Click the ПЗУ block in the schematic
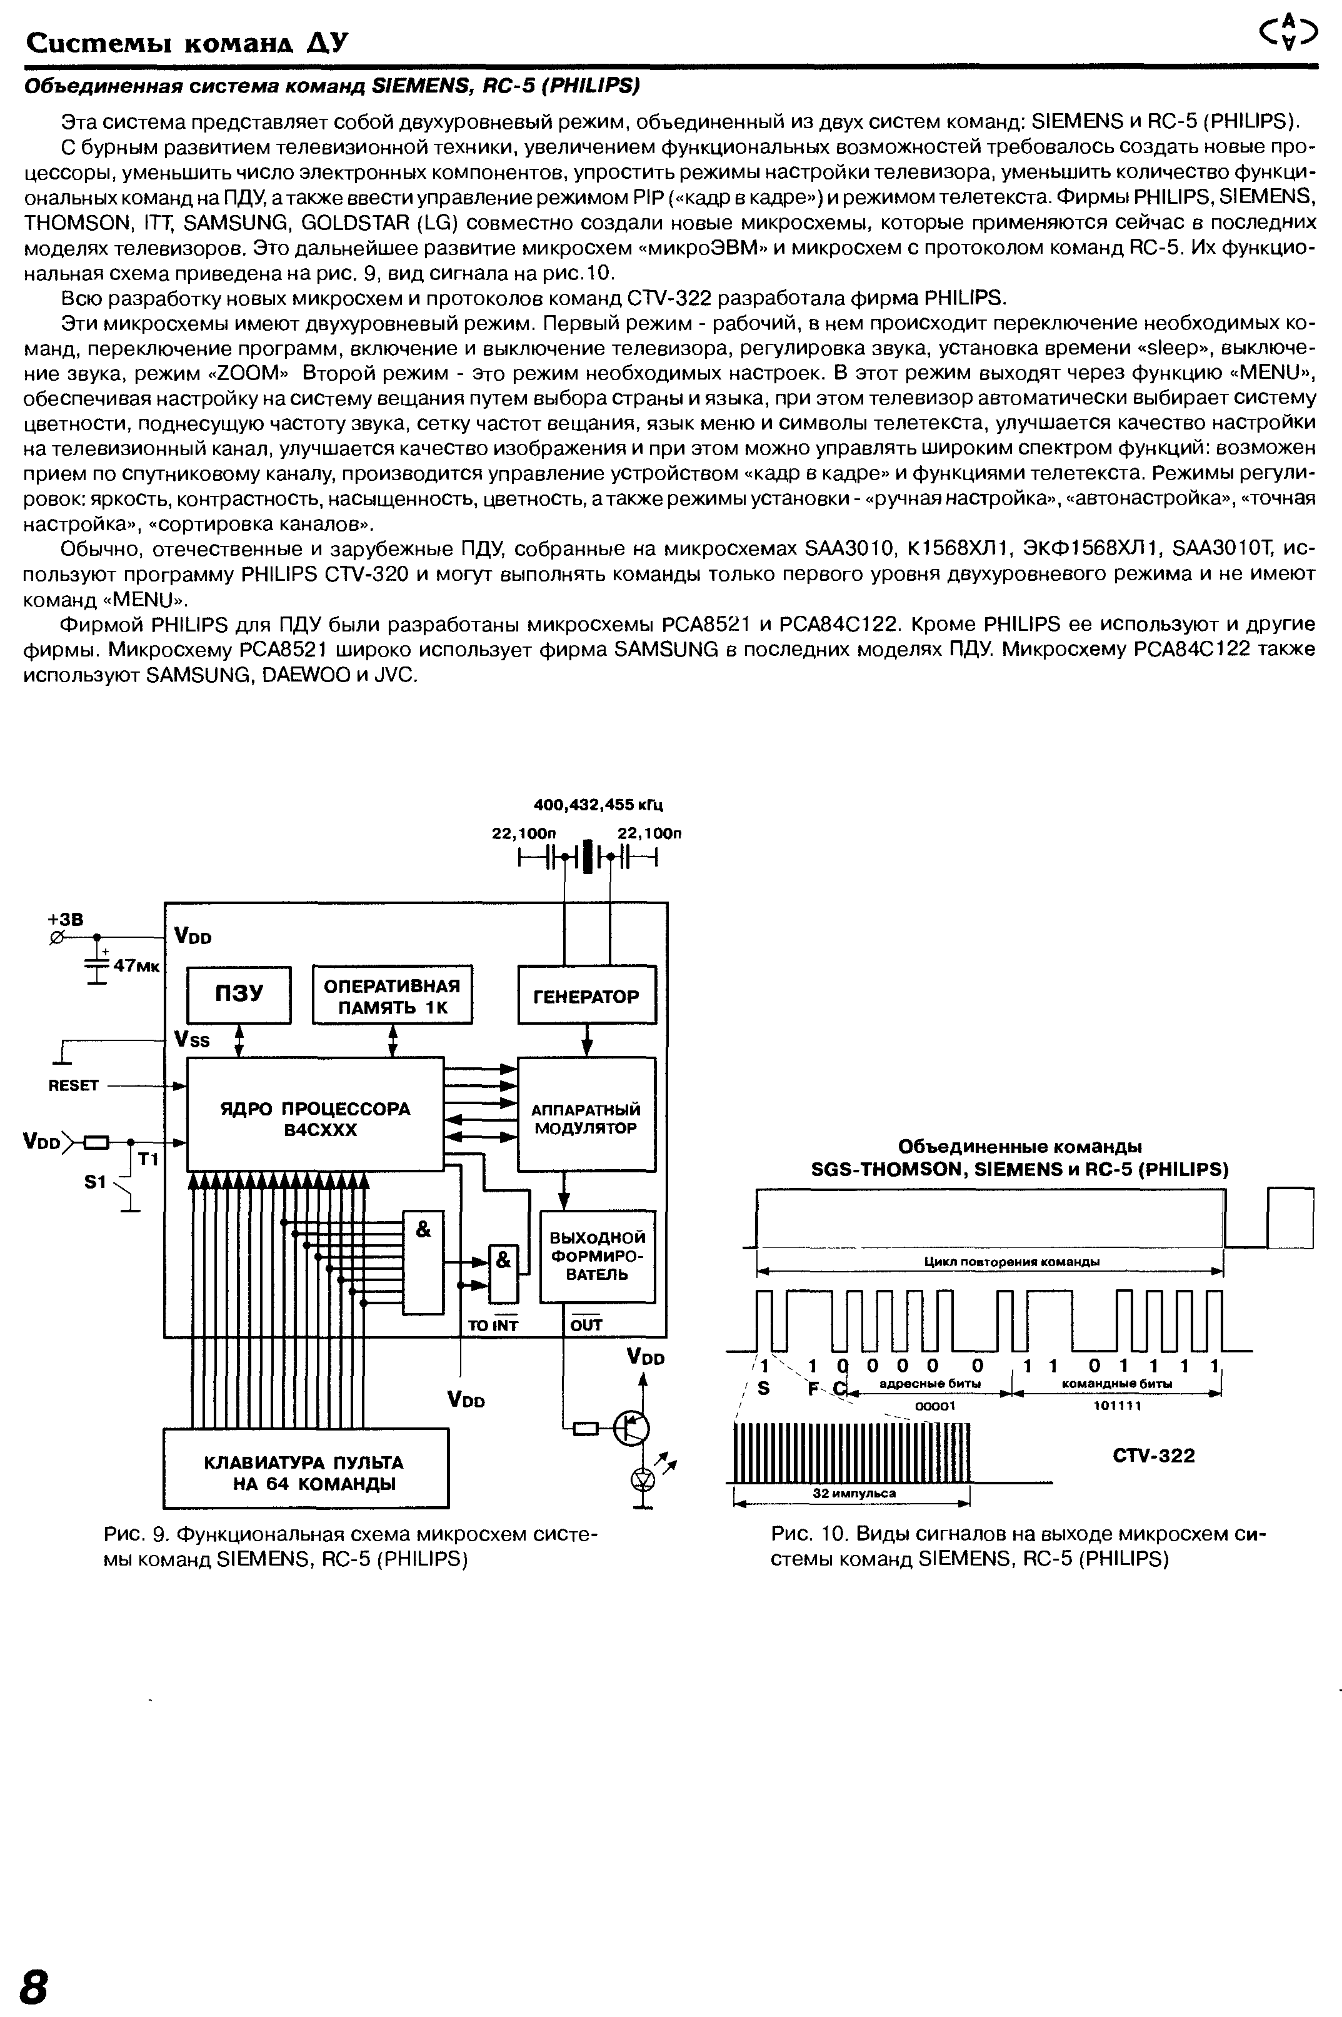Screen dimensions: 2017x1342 [239, 994]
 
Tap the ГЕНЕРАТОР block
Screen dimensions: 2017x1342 [586, 995]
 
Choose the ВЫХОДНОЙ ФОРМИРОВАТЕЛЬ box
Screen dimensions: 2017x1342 [596, 1255]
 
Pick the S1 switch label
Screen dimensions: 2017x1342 [95, 1182]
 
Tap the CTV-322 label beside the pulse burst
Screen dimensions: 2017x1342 [1154, 1456]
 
